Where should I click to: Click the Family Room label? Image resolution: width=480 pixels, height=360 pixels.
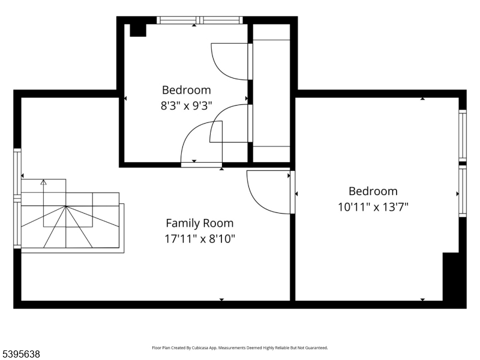pyautogui.click(x=199, y=223)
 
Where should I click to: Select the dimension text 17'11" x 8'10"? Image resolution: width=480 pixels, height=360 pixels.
pyautogui.click(x=199, y=239)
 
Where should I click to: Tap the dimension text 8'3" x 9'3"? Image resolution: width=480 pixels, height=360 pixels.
pyautogui.click(x=186, y=106)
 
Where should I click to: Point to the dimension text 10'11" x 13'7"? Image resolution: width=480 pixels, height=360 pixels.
pyautogui.click(x=373, y=207)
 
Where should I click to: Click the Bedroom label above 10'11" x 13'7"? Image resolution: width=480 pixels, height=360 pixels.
pyautogui.click(x=373, y=191)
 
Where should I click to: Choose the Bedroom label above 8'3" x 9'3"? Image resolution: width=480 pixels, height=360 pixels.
pyautogui.click(x=186, y=90)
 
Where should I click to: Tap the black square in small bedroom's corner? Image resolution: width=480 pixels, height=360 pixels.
pyautogui.click(x=138, y=30)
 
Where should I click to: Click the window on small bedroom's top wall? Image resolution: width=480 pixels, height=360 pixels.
pyautogui.click(x=200, y=20)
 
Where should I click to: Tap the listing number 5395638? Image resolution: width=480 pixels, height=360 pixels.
pyautogui.click(x=20, y=355)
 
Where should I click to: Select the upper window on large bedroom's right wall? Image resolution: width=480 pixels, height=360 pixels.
pyautogui.click(x=463, y=135)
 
